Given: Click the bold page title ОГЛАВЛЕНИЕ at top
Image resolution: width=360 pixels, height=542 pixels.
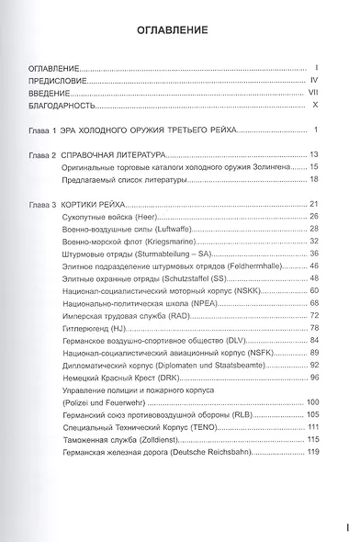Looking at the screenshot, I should tap(180, 28).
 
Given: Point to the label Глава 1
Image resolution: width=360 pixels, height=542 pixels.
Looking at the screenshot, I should tap(43, 129).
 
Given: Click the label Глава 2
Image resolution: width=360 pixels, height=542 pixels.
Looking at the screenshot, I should tap(43, 153).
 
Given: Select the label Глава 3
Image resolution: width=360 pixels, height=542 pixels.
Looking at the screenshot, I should tap(43, 202).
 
